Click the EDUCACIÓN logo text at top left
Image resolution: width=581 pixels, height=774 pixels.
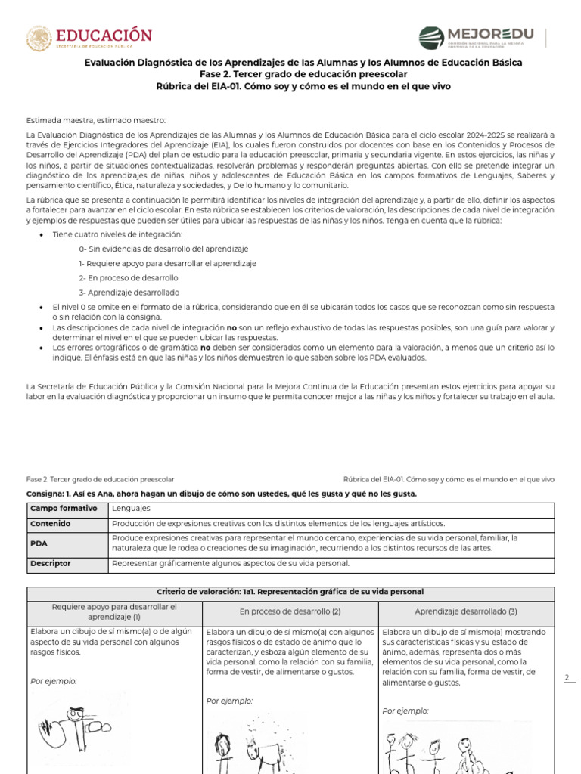pyautogui.click(x=104, y=35)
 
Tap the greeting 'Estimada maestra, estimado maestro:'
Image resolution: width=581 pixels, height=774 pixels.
pyautogui.click(x=95, y=121)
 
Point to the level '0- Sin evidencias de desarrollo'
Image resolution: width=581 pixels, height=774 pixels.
pyautogui.click(x=163, y=249)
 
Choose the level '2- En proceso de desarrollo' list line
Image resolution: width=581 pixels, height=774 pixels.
pyautogui.click(x=128, y=278)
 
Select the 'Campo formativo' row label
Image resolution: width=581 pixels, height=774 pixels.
pyautogui.click(x=64, y=509)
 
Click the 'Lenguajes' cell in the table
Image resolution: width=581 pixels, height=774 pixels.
pyautogui.click(x=131, y=509)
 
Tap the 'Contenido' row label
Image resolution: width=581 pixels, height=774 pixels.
pyautogui.click(x=50, y=523)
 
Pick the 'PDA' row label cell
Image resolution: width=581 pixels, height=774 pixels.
pyautogui.click(x=39, y=543)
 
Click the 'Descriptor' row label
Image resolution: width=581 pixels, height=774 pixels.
pyautogui.click(x=51, y=563)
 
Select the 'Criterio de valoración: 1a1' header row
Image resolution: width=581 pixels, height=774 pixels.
pyautogui.click(x=290, y=591)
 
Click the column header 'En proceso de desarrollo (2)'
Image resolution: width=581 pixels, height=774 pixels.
pyautogui.click(x=290, y=611)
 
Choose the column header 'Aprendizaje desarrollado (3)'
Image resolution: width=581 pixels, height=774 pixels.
pyautogui.click(x=466, y=611)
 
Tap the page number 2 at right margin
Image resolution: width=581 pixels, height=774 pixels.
pyautogui.click(x=566, y=678)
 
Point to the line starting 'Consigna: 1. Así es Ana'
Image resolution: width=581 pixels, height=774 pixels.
pyautogui.click(x=222, y=494)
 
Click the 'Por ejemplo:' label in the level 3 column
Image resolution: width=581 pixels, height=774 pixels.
pyautogui.click(x=405, y=711)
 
